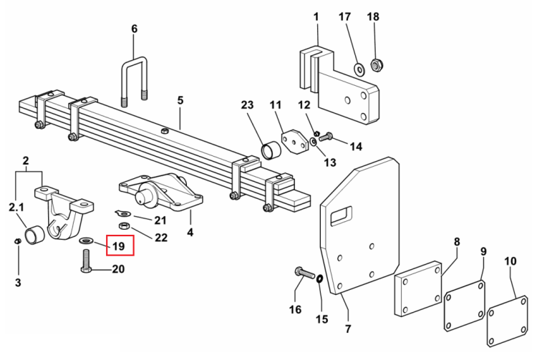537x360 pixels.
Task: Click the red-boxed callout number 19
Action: coord(118,246)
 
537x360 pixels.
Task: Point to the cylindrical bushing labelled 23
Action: coord(271,150)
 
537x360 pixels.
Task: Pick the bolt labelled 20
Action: coord(86,261)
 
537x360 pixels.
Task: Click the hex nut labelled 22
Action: coord(124,225)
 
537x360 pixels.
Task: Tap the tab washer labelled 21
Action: coord(123,213)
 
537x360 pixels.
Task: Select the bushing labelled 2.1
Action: coord(34,235)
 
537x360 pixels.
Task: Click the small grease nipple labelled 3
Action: coord(17,241)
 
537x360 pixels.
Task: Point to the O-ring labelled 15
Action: coord(319,279)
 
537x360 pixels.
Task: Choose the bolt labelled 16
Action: coord(304,273)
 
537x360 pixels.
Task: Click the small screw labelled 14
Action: coord(325,137)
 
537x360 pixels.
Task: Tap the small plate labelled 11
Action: coord(294,142)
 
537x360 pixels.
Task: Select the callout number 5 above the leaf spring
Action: coord(180,100)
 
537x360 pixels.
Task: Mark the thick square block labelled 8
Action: coord(418,288)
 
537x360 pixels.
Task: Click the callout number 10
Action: coord(510,261)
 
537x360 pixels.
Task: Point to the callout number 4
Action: coord(190,233)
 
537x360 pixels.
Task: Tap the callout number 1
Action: coord(316,16)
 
